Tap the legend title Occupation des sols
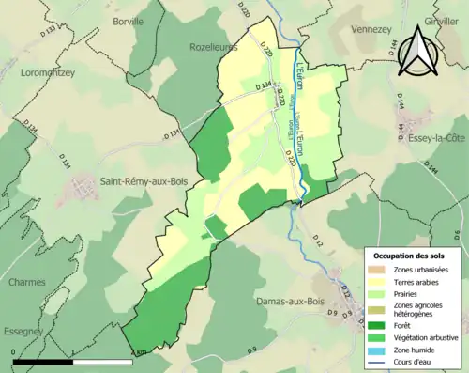(x=411, y=255)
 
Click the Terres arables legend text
(x=418, y=282)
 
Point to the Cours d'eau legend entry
(x=416, y=362)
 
